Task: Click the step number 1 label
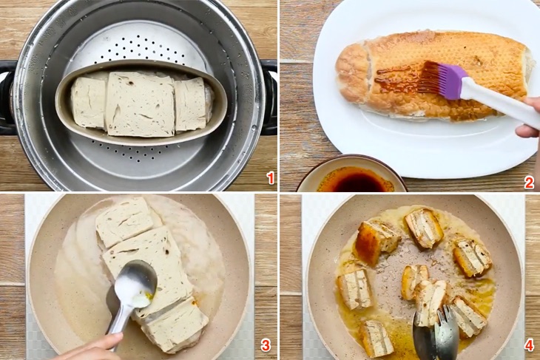coord(270,177)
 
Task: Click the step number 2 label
coord(529,183)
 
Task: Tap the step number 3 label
coord(266,345)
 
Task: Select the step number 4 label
coord(529,345)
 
